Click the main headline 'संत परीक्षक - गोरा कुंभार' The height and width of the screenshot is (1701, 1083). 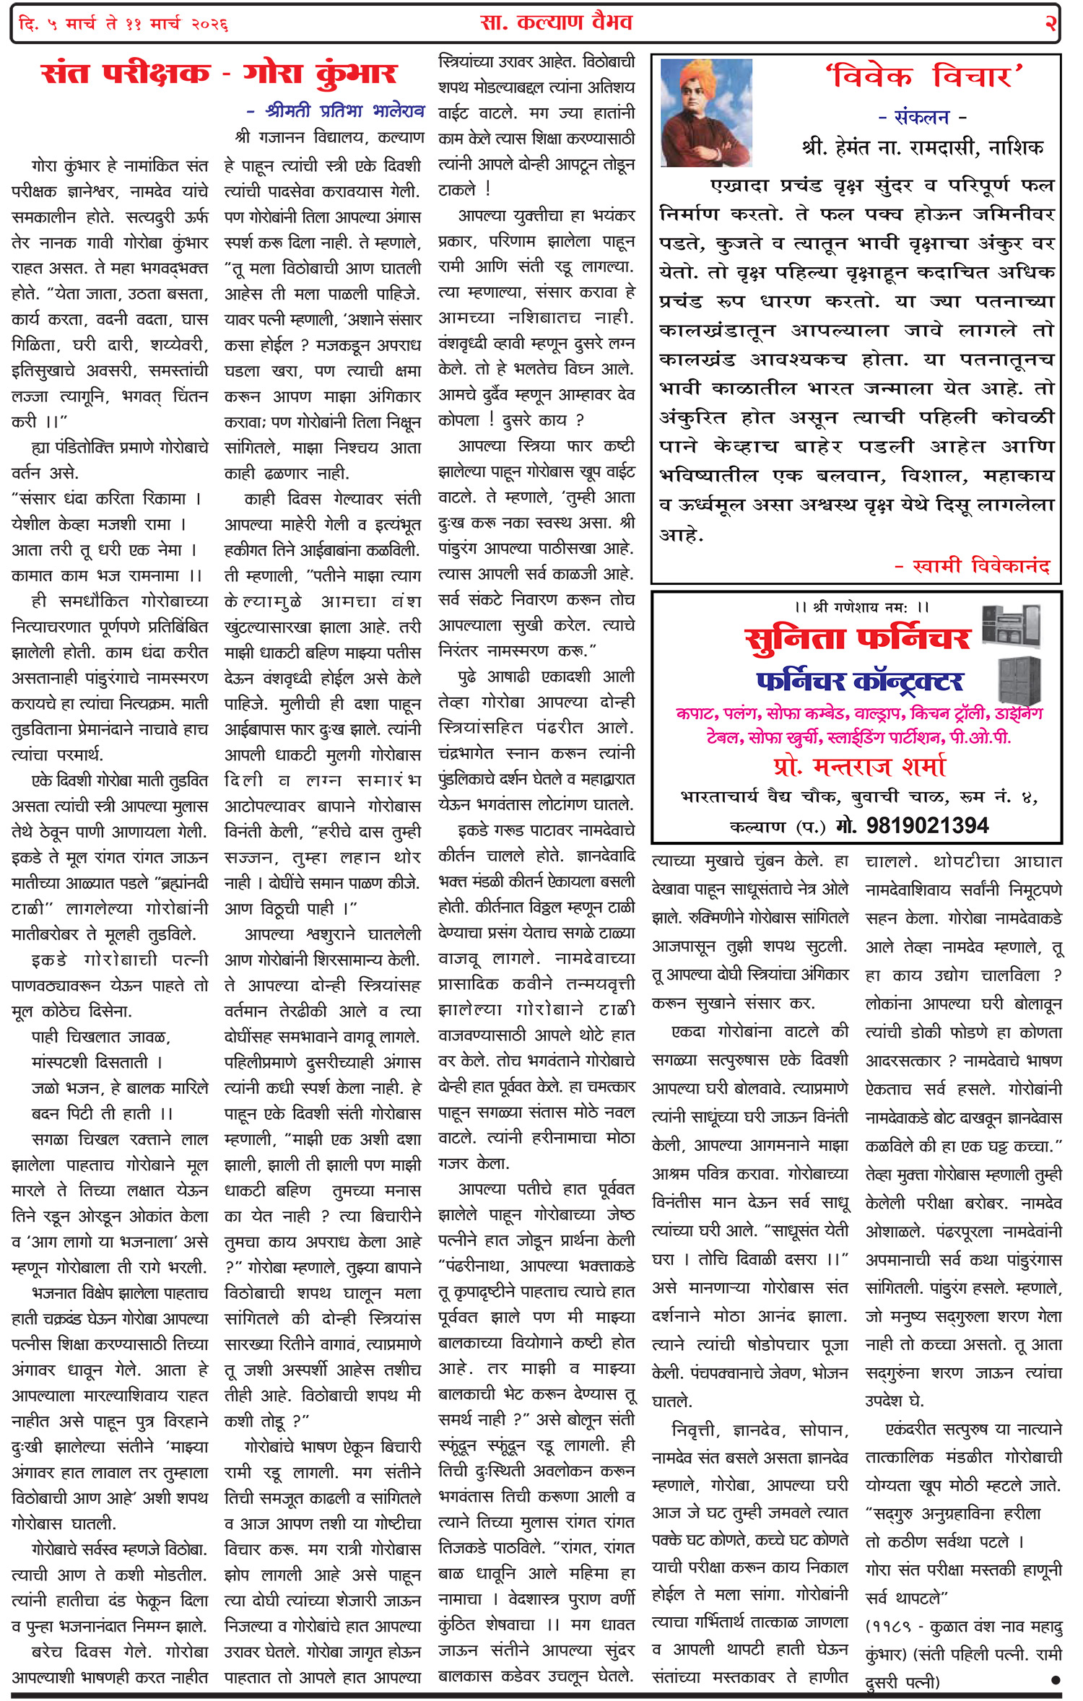coord(218,74)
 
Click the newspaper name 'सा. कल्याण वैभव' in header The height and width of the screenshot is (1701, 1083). coord(556,23)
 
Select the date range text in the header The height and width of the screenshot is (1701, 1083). coord(123,24)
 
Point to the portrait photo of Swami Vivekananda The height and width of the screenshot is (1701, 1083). coord(706,112)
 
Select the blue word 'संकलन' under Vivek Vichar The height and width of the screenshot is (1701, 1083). coord(922,117)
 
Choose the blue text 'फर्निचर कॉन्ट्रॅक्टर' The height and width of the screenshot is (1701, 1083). coord(859,681)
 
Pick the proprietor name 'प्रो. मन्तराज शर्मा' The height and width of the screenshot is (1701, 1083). coord(859,766)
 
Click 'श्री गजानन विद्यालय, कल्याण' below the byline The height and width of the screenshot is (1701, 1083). coord(329,137)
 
